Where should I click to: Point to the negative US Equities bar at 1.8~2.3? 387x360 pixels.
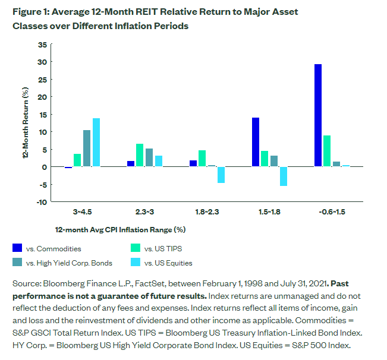point(221,175)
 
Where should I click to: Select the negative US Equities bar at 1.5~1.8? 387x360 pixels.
point(284,176)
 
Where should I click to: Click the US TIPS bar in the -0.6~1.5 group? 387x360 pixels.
point(327,151)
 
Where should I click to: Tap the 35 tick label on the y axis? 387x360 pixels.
point(42,45)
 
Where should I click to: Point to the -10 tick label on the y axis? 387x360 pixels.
point(41,202)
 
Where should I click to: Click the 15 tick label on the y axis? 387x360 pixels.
point(42,114)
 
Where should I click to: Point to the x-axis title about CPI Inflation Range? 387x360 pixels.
point(121,229)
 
